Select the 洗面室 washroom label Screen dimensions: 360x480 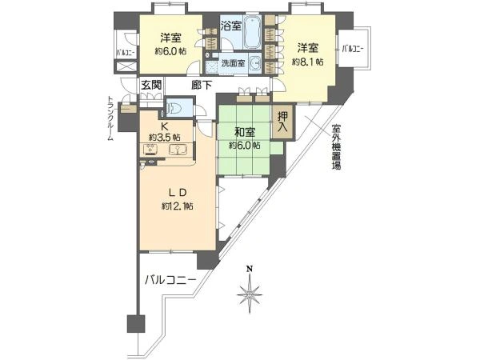click(233, 63)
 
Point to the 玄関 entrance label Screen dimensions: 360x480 click(150, 85)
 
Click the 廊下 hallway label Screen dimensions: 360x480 click(202, 84)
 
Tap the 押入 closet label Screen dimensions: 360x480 click(283, 121)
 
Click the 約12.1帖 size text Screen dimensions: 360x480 click(176, 206)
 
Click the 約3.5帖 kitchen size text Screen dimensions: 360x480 click(165, 137)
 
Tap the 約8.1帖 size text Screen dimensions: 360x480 click(308, 61)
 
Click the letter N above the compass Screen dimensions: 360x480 click(250, 269)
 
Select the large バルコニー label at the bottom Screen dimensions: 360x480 click(170, 280)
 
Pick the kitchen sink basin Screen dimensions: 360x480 click(178, 151)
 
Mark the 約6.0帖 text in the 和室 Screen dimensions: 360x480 click(244, 146)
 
